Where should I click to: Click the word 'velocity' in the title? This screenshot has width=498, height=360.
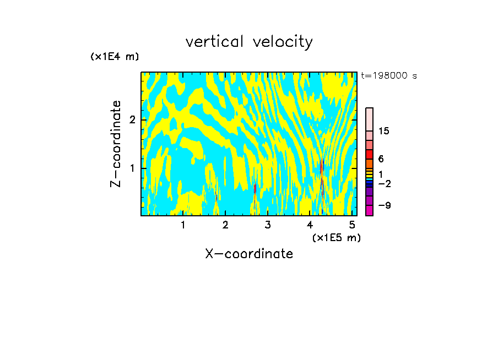(283, 42)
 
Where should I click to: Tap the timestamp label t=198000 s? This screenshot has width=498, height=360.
(389, 76)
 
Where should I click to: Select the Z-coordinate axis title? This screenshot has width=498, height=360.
(116, 144)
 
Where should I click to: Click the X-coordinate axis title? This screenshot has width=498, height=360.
(249, 254)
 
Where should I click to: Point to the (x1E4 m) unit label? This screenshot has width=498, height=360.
(115, 57)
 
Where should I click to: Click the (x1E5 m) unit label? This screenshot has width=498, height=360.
(336, 237)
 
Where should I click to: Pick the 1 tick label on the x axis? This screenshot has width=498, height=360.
(183, 225)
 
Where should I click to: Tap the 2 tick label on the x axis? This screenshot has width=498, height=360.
(225, 225)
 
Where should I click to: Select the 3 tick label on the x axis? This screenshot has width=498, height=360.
(268, 225)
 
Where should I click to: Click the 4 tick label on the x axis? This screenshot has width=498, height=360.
(310, 225)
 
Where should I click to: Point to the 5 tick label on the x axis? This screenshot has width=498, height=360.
(352, 225)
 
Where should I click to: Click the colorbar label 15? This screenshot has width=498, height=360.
(384, 131)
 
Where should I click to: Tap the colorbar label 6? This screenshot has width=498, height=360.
(381, 159)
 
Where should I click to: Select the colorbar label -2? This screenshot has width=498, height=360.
(384, 183)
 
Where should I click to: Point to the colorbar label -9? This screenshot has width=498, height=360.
(384, 205)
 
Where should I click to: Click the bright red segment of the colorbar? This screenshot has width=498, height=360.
(369, 154)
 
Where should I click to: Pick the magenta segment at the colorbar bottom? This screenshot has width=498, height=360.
(369, 210)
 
